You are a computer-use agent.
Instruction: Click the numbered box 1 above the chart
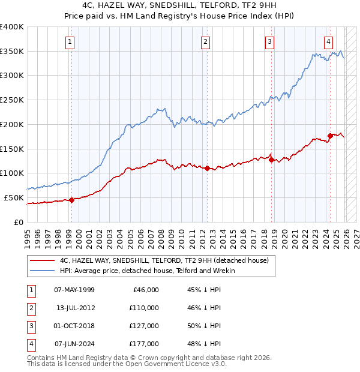pyautogui.click(x=71, y=41)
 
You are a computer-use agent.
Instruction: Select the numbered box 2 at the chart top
pyautogui.click(x=206, y=41)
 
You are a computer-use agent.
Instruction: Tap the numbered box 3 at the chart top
pyautogui.click(x=270, y=41)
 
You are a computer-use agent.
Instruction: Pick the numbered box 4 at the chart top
pyautogui.click(x=329, y=41)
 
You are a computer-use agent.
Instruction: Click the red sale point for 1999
pyautogui.click(x=71, y=200)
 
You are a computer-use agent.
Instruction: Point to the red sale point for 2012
pyautogui.click(x=207, y=168)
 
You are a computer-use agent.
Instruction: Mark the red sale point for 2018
pyautogui.click(x=271, y=160)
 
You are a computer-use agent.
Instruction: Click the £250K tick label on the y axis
pyautogui.click(x=12, y=100)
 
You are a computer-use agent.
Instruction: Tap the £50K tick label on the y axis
pyautogui.click(x=14, y=197)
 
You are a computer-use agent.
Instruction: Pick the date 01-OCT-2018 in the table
pyautogui.click(x=74, y=326)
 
